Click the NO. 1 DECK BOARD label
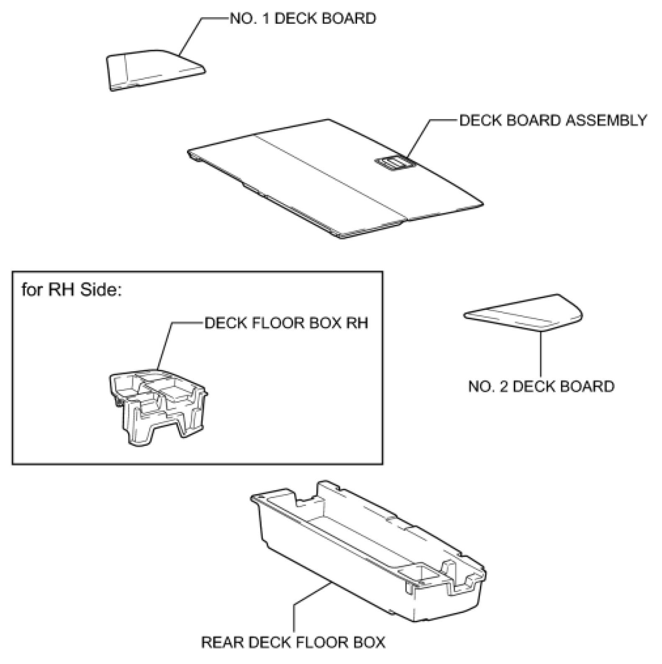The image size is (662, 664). [x=303, y=19]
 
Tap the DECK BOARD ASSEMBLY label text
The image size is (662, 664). [x=553, y=120]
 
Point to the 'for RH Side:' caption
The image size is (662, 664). [x=72, y=290]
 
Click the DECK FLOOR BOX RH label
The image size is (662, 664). [x=286, y=323]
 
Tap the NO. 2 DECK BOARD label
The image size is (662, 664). [x=541, y=386]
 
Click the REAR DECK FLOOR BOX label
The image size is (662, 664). [x=293, y=642]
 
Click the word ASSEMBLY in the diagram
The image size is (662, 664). [x=606, y=120]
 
